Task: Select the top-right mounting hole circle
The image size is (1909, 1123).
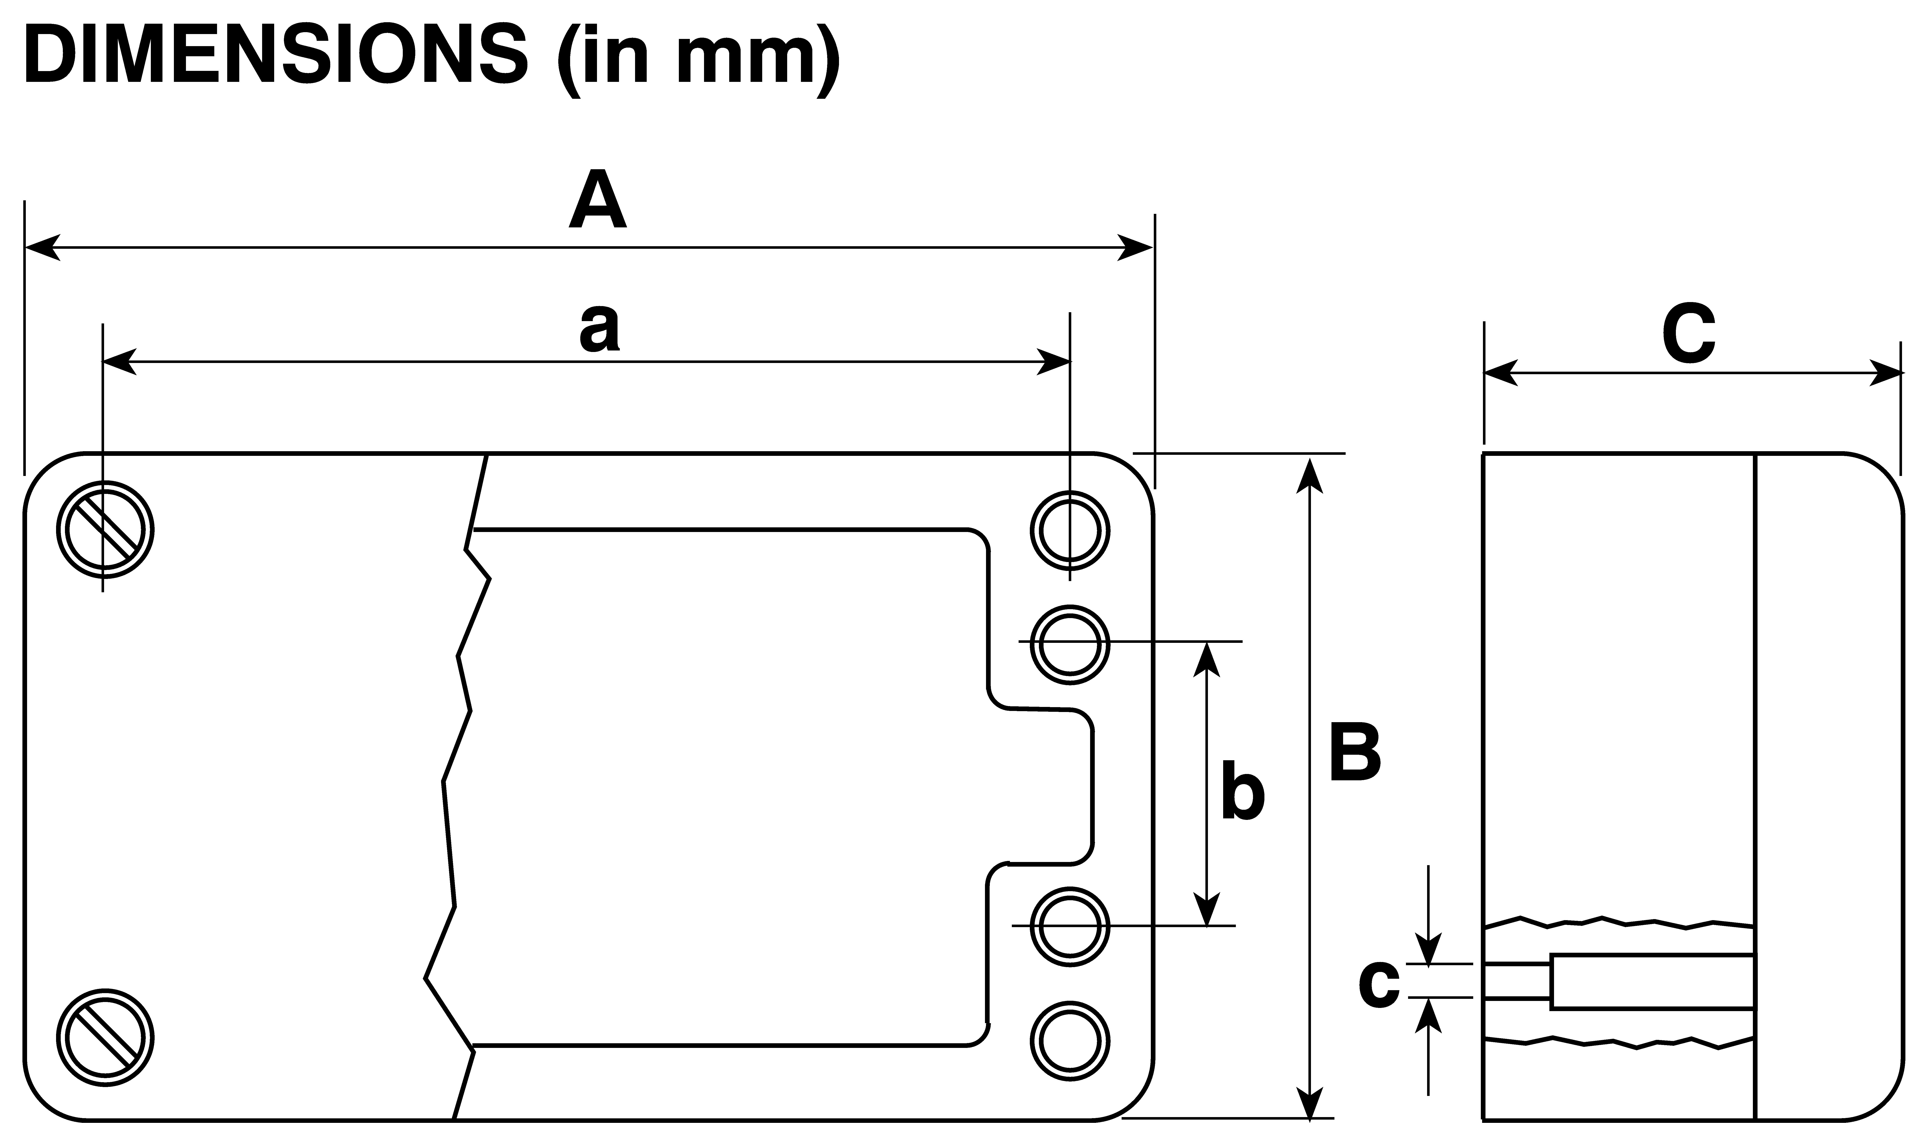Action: pyautogui.click(x=1070, y=531)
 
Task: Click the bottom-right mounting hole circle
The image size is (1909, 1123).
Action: pyautogui.click(x=1070, y=1041)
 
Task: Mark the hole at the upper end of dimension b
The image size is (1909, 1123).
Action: pyautogui.click(x=1070, y=645)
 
